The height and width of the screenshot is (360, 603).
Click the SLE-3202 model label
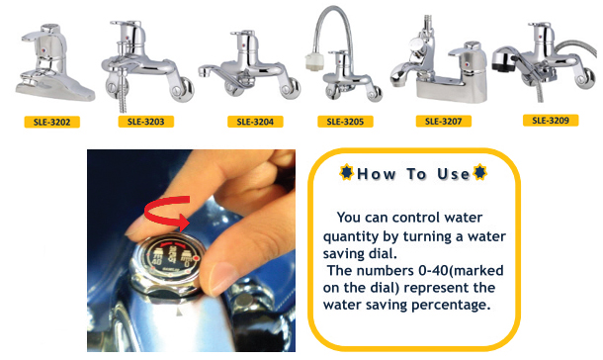[x=52, y=123]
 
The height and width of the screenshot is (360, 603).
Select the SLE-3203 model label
[x=145, y=123]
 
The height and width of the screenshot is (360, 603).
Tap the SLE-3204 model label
[x=254, y=123]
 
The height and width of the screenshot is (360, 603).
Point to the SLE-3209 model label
[x=551, y=120]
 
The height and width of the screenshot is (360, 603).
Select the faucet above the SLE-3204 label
[x=247, y=70]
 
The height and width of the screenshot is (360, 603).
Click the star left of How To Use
[x=346, y=174]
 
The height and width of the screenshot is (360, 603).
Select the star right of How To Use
[x=479, y=174]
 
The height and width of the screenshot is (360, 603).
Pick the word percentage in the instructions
[x=435, y=306]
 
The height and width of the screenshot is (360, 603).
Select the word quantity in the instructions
[x=362, y=235]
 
